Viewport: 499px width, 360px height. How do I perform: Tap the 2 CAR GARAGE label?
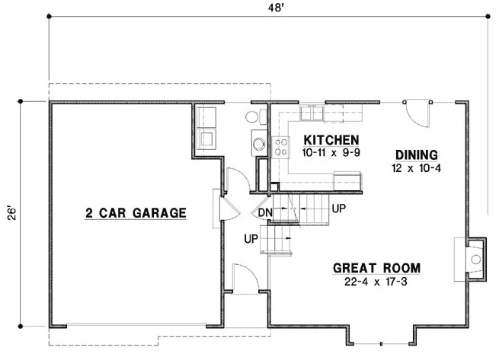click(136, 213)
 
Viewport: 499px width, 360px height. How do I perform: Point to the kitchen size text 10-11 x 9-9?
click(331, 153)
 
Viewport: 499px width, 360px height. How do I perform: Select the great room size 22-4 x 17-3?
click(377, 282)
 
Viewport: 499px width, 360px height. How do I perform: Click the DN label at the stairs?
click(265, 212)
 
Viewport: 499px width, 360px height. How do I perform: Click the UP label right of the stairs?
click(339, 207)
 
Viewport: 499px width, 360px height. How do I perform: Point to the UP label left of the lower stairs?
click(251, 239)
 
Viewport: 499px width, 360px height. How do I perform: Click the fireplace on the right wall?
click(472, 258)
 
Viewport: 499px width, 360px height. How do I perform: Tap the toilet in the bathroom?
click(254, 116)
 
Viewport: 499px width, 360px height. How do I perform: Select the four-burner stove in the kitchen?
click(280, 145)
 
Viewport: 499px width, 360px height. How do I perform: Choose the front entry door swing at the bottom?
click(242, 278)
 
